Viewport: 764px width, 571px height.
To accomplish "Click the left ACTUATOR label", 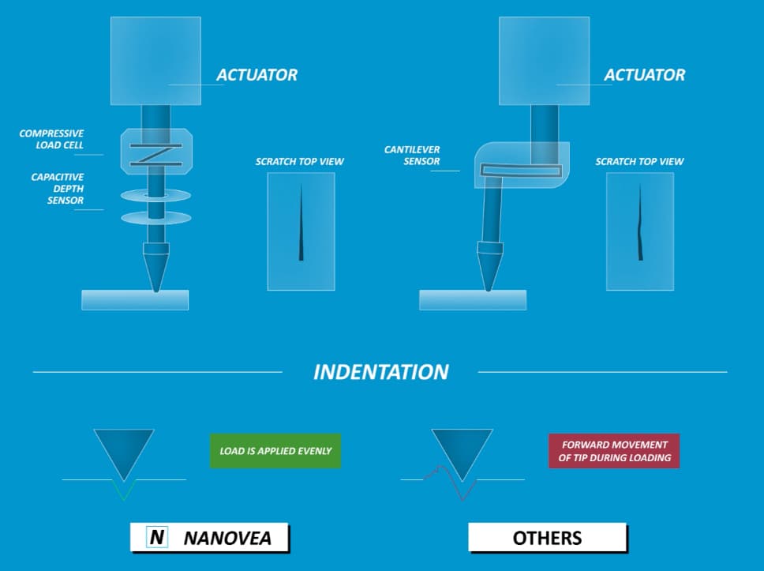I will (x=257, y=75).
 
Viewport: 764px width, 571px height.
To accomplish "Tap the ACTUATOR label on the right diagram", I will (x=644, y=75).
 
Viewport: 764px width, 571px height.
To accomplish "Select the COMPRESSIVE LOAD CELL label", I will (x=51, y=139).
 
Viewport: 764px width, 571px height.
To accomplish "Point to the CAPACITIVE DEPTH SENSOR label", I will (x=57, y=189).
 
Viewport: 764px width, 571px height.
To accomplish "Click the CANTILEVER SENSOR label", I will (x=412, y=156).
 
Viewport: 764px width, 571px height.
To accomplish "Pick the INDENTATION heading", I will (x=380, y=372).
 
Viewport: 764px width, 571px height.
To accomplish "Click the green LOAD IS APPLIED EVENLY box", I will (x=275, y=451).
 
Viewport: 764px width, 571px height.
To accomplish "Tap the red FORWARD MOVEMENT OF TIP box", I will (x=614, y=451).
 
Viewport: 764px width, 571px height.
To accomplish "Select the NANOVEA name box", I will (x=210, y=538).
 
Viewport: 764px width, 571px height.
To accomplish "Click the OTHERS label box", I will (x=547, y=538).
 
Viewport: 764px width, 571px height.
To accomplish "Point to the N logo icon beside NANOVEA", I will (x=157, y=538).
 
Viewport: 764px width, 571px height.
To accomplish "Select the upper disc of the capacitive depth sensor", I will (x=155, y=194).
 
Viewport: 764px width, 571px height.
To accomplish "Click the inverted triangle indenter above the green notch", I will (x=124, y=449).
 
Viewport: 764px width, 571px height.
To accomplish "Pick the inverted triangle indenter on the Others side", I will (x=462, y=449).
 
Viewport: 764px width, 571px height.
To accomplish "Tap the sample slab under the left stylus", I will (x=135, y=300).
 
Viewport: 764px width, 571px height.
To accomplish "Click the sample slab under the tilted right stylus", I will (x=472, y=300).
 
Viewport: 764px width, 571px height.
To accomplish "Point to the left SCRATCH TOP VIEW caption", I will (x=299, y=162).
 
